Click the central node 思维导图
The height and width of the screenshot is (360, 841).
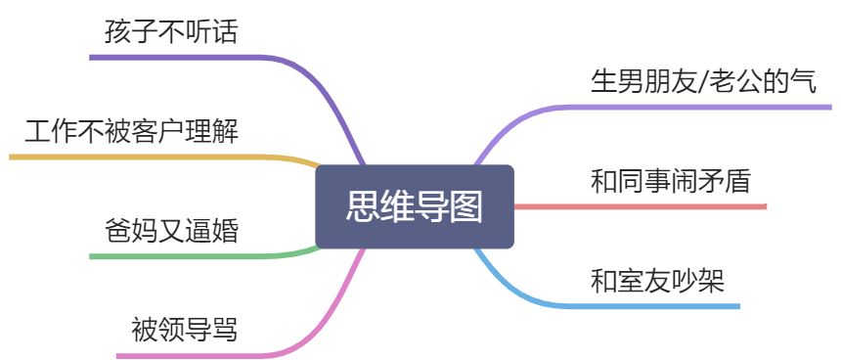tap(415, 206)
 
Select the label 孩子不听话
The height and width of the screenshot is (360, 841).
tap(171, 31)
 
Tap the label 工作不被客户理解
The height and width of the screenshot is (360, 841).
tap(132, 130)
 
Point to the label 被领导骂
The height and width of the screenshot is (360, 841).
tap(184, 329)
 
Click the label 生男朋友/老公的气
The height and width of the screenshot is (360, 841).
tap(703, 80)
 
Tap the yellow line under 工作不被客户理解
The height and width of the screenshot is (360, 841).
tap(147, 157)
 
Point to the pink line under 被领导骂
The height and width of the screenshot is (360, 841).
tap(196, 355)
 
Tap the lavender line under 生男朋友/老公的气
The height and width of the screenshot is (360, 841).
tap(704, 106)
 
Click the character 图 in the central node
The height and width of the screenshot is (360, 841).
tap(466, 206)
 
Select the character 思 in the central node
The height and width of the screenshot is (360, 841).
tap(363, 206)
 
